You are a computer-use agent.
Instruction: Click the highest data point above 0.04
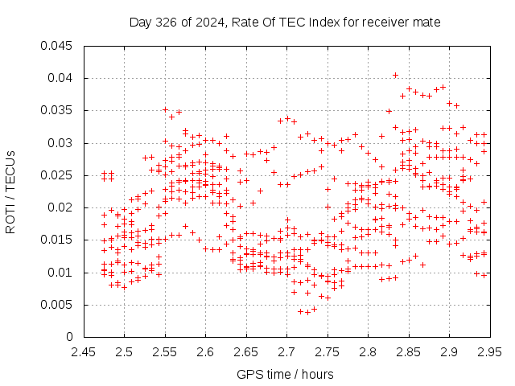(395, 75)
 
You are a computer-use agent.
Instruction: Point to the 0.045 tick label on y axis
(56, 46)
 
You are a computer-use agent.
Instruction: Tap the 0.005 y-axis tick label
(56, 305)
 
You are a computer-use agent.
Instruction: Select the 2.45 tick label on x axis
(84, 352)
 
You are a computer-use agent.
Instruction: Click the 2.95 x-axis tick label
(490, 352)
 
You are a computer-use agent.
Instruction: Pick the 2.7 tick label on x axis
(286, 352)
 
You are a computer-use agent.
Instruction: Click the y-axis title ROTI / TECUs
(10, 192)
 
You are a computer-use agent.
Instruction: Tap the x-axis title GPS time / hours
(285, 375)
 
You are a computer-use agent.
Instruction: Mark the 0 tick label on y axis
(69, 337)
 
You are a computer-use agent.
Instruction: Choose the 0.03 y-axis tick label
(60, 143)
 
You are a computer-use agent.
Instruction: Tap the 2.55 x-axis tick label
(164, 352)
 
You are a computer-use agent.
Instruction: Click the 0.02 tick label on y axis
(60, 207)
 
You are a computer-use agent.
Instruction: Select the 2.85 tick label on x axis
(409, 352)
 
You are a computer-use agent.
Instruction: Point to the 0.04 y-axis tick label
(60, 78)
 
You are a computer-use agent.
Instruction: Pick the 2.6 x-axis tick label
(205, 352)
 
